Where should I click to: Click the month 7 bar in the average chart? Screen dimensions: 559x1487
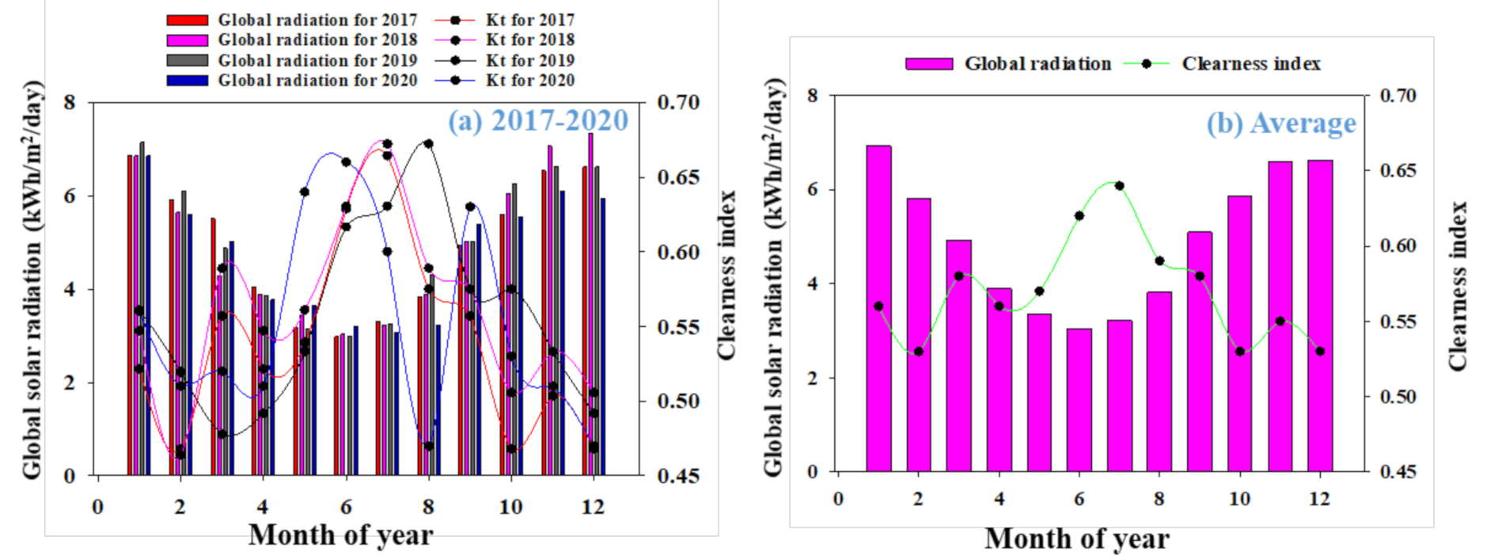tap(1119, 396)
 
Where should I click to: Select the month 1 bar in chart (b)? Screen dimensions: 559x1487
tap(878, 309)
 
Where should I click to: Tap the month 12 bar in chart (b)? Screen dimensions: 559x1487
tap(1320, 317)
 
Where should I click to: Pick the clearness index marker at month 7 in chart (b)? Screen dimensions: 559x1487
tap(1119, 186)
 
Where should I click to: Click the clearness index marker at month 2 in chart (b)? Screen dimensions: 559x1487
tap(918, 352)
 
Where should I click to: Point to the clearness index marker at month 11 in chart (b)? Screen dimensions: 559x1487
tap(1280, 321)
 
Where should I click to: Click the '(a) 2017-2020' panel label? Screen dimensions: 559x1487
tap(538, 120)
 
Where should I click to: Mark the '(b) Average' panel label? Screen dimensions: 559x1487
tap(1280, 124)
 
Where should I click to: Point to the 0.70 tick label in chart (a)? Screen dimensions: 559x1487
tap(678, 102)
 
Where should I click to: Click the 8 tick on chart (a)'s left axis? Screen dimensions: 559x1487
tap(70, 102)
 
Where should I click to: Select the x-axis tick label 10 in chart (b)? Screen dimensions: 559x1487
tap(1239, 499)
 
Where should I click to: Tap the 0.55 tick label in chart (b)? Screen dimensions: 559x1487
tap(1398, 321)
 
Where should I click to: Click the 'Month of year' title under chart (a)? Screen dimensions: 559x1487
tap(340, 535)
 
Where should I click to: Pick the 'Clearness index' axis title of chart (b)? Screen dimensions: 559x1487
tap(1458, 285)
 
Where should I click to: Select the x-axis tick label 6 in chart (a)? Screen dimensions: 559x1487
tap(346, 507)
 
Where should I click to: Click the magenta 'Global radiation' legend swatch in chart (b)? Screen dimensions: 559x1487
tap(929, 63)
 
